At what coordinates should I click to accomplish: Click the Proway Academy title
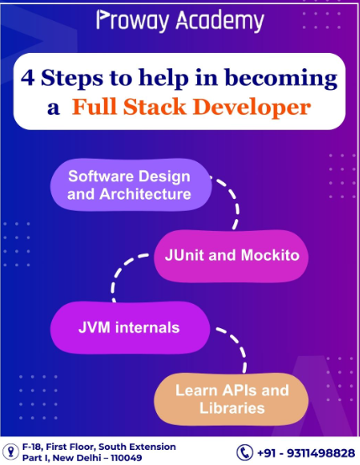click(180, 20)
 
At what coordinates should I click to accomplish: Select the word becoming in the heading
click(287, 80)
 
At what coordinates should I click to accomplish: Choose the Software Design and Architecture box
click(128, 185)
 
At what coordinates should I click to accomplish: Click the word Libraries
click(232, 409)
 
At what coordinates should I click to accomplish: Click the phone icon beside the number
click(243, 452)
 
